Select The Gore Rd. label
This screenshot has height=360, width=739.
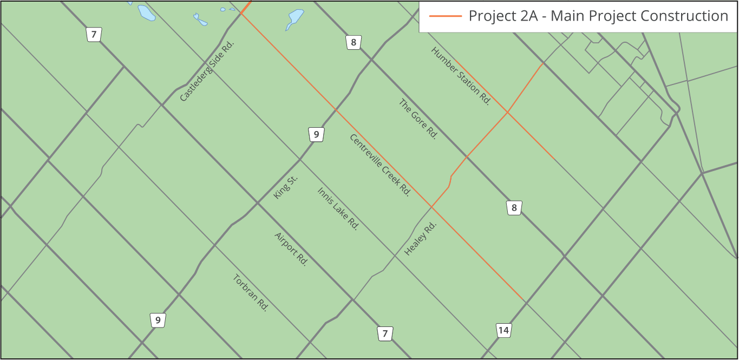(x=417, y=119)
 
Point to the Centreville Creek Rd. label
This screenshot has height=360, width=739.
(x=380, y=165)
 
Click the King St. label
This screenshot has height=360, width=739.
(x=286, y=187)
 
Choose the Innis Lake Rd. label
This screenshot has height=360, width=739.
(x=338, y=208)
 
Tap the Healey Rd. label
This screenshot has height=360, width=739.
(x=420, y=238)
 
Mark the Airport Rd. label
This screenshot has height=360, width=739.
(x=291, y=249)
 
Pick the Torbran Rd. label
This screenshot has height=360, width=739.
(x=251, y=293)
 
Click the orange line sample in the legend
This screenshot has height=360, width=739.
(x=445, y=16)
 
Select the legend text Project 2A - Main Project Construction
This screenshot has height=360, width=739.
(x=598, y=16)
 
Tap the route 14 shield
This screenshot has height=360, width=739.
(x=503, y=330)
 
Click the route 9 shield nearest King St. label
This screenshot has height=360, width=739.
(x=316, y=134)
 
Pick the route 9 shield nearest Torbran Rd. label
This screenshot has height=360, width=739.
(x=158, y=320)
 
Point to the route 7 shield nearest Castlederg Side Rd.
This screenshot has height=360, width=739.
(x=94, y=35)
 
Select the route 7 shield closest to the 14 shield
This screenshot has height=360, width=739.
(x=385, y=333)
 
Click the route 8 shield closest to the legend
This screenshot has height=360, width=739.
(x=354, y=42)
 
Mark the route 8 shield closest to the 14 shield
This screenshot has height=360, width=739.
(x=514, y=207)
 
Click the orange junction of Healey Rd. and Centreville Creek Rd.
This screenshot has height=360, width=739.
(x=431, y=207)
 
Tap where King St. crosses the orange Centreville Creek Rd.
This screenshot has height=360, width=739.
(x=336, y=110)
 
